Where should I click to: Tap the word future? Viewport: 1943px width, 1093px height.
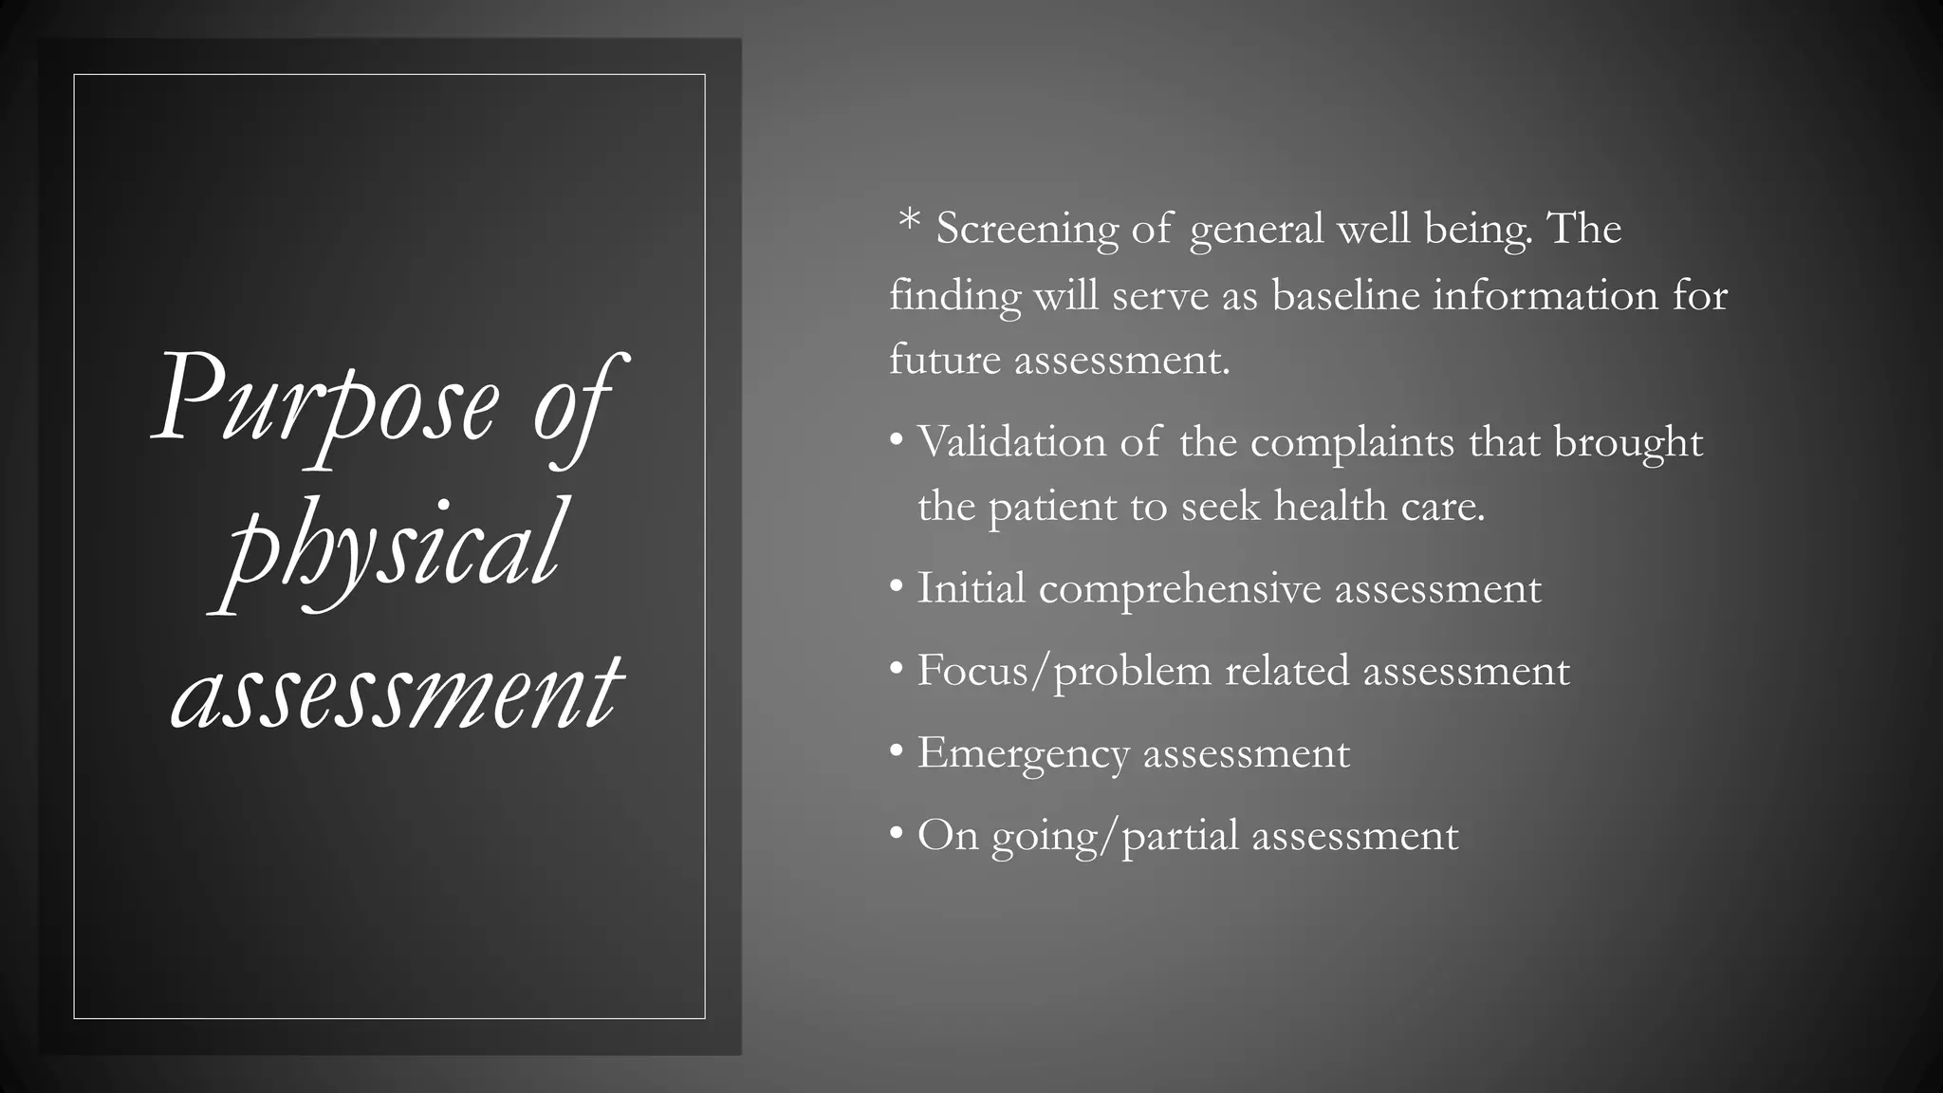pos(945,360)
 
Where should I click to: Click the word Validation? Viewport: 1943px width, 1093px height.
pos(1011,442)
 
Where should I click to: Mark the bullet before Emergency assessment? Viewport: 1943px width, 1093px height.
pos(897,751)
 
